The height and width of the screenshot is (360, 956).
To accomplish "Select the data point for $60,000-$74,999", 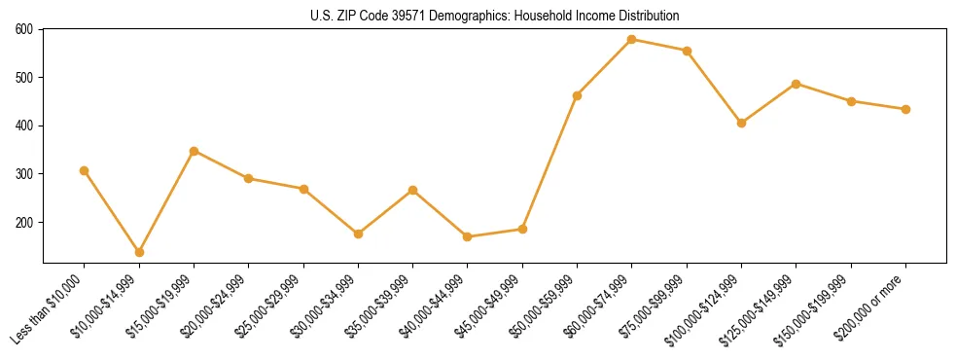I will click(632, 39).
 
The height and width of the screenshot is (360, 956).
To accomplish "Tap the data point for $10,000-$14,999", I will click(139, 252).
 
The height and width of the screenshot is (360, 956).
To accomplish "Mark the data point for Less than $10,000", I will click(85, 170).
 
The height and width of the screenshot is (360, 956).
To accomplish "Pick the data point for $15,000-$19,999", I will click(195, 151).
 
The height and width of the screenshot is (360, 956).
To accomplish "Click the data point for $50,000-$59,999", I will click(578, 95).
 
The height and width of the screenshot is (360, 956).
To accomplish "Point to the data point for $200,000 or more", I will click(905, 109).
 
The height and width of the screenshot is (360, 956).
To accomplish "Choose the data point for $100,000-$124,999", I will click(741, 123).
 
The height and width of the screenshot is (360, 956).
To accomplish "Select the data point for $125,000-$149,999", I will click(797, 84).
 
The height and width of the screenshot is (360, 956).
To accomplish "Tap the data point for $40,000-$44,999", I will click(468, 236).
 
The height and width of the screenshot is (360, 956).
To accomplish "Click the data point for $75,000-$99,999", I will click(687, 51).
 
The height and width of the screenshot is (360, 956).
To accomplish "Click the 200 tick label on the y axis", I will click(26, 222).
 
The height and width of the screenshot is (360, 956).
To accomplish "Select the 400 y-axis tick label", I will click(26, 126).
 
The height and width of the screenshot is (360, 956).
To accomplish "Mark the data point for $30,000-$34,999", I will click(358, 234).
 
